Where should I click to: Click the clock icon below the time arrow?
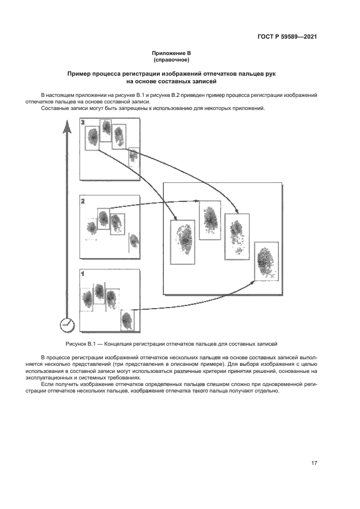66,324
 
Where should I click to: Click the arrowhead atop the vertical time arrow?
66,128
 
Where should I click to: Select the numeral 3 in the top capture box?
83,124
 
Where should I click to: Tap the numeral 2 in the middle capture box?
83,201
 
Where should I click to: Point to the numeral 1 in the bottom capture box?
83,274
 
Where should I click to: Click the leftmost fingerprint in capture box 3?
94,136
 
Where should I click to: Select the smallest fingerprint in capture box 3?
132,157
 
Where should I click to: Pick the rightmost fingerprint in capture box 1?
127,319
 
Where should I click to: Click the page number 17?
314,463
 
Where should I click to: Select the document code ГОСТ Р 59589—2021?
287,37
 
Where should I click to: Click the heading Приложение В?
171,53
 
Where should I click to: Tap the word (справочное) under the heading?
171,59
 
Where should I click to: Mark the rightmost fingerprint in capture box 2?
132,241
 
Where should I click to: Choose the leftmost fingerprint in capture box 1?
87,298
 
